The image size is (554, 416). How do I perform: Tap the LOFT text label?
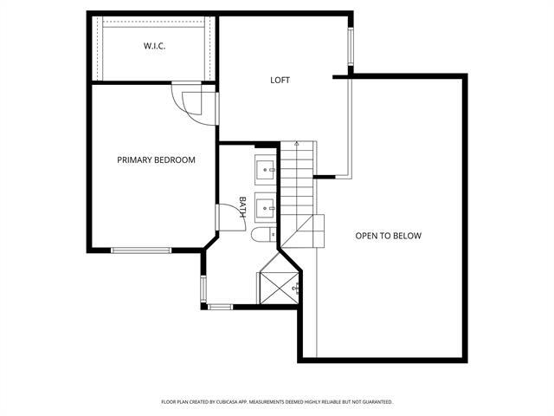click(280, 81)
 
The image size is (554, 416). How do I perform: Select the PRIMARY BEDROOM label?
click(157, 159)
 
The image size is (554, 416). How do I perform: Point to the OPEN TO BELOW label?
click(388, 236)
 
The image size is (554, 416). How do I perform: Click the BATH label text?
click(243, 206)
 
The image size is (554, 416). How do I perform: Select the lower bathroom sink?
click(265, 206)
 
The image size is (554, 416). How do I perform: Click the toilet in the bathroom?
click(262, 235)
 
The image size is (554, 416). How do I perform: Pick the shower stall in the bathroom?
click(279, 278)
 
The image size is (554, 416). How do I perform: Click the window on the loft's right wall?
click(351, 49)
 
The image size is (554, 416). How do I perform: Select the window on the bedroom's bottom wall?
click(141, 251)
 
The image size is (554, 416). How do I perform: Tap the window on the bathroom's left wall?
click(203, 288)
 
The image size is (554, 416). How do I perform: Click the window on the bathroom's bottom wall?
click(221, 306)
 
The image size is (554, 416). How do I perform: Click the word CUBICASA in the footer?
click(234, 402)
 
